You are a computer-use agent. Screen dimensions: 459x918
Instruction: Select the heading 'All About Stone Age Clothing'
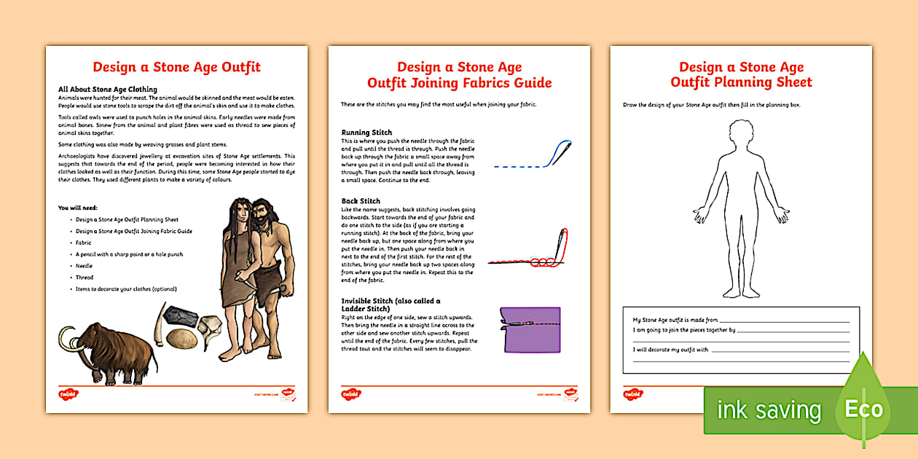click(x=108, y=90)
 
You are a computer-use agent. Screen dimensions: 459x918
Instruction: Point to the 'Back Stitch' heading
click(x=361, y=201)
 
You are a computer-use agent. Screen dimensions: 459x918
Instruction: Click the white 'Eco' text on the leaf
click(x=863, y=409)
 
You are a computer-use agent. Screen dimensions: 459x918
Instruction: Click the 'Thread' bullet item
click(x=85, y=278)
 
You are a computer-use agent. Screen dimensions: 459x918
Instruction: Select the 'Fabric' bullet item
click(x=83, y=243)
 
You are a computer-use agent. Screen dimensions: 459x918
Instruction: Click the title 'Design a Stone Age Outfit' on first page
click(x=176, y=67)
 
